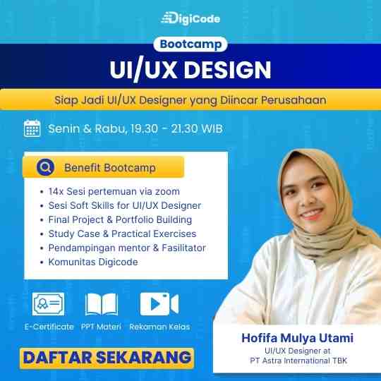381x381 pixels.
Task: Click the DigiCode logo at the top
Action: tap(190, 18)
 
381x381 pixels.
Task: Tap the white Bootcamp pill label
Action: tap(190, 44)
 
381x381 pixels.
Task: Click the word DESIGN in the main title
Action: tap(227, 70)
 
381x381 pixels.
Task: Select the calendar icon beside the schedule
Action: tap(32, 128)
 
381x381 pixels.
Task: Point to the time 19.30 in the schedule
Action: tap(144, 128)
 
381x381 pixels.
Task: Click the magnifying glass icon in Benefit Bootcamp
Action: tap(45, 167)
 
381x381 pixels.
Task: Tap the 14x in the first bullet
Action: tap(56, 191)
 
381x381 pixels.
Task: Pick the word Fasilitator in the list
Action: tap(184, 248)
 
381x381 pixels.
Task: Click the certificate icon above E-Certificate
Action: tap(49, 304)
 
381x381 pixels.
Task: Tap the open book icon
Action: tap(102, 304)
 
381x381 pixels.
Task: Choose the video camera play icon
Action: tap(159, 304)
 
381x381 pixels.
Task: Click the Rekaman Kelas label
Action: tap(159, 327)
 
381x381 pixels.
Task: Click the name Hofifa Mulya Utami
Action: tap(298, 338)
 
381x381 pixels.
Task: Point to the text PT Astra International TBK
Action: tap(298, 361)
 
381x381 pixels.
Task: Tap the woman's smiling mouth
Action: tap(312, 214)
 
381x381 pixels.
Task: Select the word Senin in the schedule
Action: tap(64, 128)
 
